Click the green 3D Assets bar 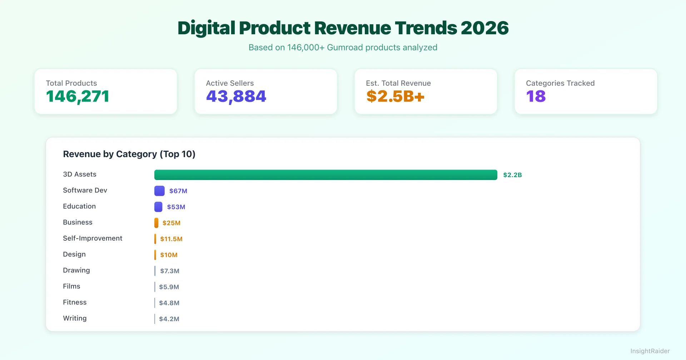(x=325, y=175)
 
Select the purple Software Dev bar (x=159, y=191)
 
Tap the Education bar (x=158, y=207)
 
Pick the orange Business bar (x=156, y=223)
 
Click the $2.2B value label (x=512, y=175)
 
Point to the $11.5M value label (x=171, y=239)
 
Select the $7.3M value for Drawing (x=170, y=271)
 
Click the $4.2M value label (x=169, y=319)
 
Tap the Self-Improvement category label (x=93, y=238)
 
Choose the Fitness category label (x=75, y=302)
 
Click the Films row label (x=71, y=286)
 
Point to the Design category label (x=74, y=254)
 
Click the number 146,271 (x=78, y=96)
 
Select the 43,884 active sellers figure (x=236, y=96)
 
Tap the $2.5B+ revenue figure (x=395, y=96)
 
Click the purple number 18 (x=536, y=96)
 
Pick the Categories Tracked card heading (x=560, y=83)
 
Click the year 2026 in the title (x=484, y=28)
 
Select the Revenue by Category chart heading (x=129, y=154)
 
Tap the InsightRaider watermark (x=650, y=351)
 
